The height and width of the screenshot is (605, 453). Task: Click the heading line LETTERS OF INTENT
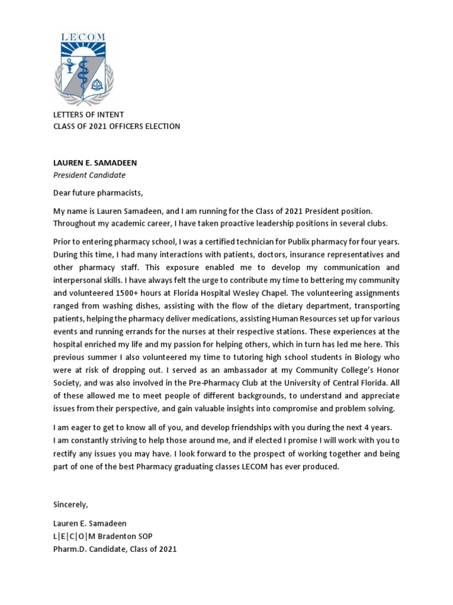[88, 115]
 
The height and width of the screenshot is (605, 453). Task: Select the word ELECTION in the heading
[163, 126]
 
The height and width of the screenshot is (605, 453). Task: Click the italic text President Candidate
[89, 175]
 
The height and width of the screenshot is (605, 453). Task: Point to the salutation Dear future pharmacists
[98, 193]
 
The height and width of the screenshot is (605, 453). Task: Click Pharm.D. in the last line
[70, 549]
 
